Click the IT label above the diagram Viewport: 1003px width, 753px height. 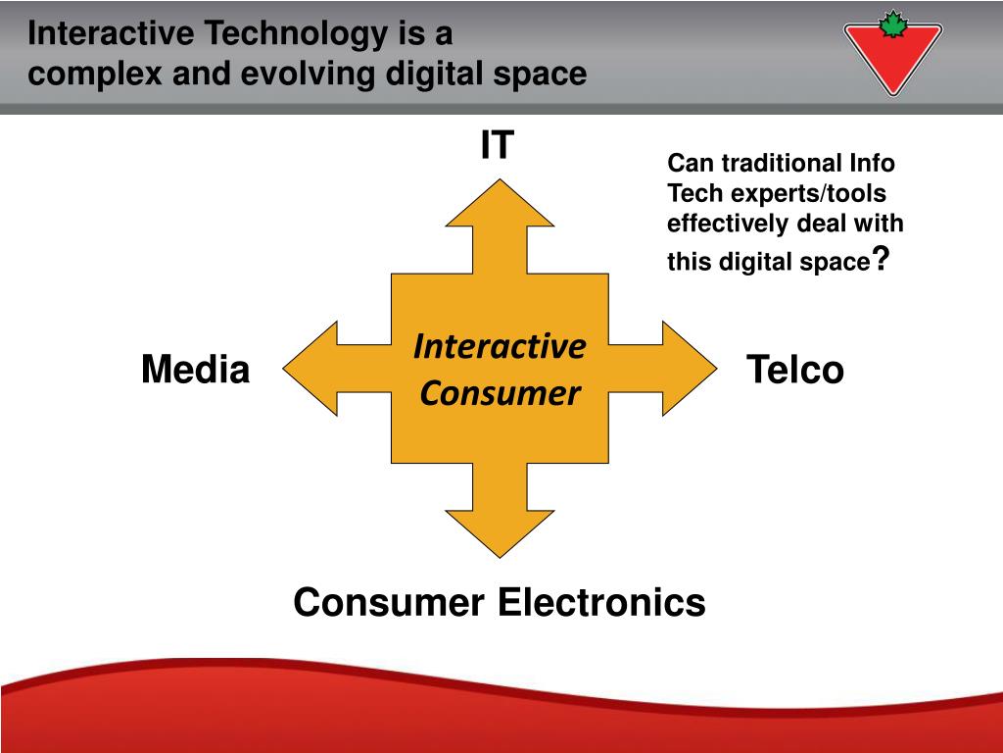[x=497, y=145]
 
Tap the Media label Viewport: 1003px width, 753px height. [x=195, y=371]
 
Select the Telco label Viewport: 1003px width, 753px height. [x=794, y=371]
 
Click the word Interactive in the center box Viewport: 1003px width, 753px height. [x=500, y=346]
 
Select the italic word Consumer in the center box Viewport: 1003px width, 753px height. [x=500, y=394]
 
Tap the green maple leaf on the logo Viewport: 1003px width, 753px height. [x=892, y=25]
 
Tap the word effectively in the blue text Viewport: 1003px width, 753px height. [x=728, y=224]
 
